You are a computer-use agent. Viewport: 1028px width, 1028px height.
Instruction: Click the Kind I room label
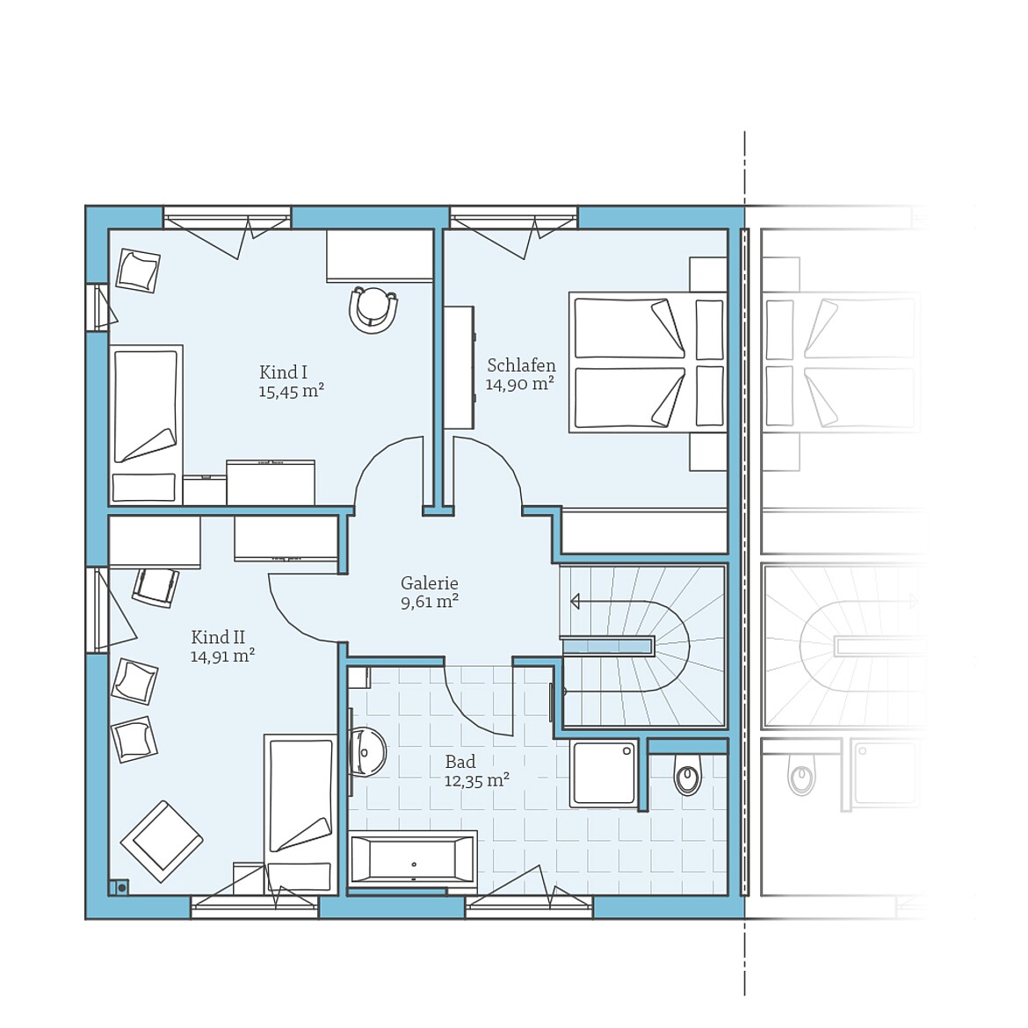point(283,372)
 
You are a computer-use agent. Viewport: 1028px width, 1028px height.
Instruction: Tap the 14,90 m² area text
point(519,384)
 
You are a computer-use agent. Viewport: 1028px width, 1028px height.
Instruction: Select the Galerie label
point(429,583)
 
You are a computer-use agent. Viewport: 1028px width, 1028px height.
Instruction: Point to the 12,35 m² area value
point(476,780)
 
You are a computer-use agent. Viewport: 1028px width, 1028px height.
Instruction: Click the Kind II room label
point(218,637)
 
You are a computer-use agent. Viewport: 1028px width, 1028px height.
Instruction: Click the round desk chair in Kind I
point(373,309)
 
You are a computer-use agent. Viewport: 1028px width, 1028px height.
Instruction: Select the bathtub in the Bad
point(412,858)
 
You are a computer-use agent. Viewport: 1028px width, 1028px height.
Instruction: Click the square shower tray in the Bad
point(604,772)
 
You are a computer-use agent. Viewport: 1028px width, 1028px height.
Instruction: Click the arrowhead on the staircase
point(576,602)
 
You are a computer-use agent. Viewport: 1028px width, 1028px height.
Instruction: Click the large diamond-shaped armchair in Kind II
point(162,841)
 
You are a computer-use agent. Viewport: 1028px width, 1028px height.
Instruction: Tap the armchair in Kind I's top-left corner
point(138,271)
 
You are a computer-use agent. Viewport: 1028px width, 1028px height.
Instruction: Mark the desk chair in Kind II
point(156,586)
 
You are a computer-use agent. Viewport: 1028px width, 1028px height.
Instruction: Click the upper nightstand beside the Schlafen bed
point(707,274)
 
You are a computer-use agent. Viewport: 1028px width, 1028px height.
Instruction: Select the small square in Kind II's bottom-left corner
point(119,887)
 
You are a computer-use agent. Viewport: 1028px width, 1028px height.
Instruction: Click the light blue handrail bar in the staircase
point(607,647)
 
